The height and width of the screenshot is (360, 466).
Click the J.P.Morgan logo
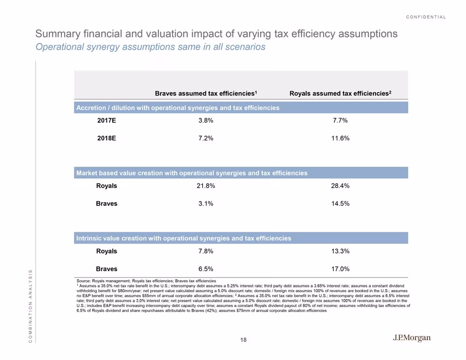(411, 338)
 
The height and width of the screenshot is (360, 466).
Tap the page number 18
(244, 340)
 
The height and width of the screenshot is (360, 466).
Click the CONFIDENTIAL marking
(426, 17)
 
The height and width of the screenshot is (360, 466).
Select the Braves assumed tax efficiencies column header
(205, 93)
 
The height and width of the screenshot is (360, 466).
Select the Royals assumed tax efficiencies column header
(340, 93)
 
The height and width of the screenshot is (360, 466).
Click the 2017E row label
(106, 120)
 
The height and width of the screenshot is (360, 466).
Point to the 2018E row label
(106, 138)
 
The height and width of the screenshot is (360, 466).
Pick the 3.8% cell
(205, 120)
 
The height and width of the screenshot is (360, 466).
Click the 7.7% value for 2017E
(340, 120)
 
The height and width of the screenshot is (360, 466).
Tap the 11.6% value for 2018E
(340, 138)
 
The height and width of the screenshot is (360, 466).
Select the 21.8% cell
(205, 186)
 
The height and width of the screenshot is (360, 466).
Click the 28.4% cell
(340, 186)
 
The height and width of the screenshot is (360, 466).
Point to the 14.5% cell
(340, 203)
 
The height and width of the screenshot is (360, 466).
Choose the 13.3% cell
(340, 251)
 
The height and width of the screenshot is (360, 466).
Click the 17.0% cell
(340, 269)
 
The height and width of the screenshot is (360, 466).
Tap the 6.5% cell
(205, 269)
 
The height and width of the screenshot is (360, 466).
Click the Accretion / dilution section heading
(178, 108)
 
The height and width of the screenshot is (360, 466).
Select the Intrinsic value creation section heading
(184, 238)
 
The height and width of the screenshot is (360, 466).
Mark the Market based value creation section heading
(192, 173)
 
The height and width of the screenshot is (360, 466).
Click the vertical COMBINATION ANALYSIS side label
(30, 306)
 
